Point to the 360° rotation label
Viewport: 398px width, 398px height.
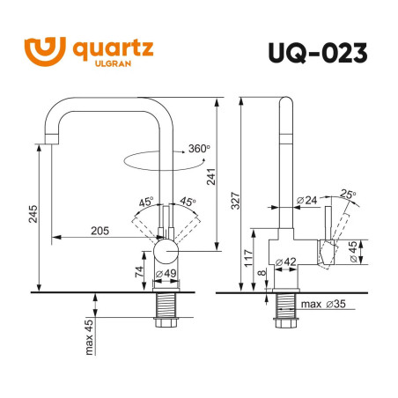(198, 149)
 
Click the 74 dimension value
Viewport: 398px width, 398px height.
(139, 271)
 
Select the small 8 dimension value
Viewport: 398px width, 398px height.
(263, 275)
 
